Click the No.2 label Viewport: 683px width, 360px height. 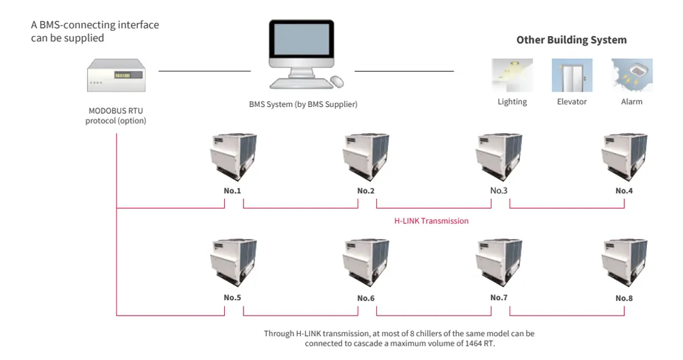click(366, 191)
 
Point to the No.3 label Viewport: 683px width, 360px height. click(499, 191)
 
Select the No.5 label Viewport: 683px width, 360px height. click(233, 298)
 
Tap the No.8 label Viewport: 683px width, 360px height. click(624, 298)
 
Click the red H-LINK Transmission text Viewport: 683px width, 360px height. click(431, 221)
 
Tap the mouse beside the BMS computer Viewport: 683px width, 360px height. click(337, 82)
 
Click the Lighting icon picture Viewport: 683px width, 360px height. click(512, 75)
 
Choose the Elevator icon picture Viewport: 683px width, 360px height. click(572, 75)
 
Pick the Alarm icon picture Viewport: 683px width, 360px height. click(631, 75)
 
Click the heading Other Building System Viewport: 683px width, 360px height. click(571, 40)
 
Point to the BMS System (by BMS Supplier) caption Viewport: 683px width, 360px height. click(303, 104)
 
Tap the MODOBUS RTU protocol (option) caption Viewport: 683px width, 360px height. click(116, 115)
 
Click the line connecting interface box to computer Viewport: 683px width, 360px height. click(204, 71)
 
